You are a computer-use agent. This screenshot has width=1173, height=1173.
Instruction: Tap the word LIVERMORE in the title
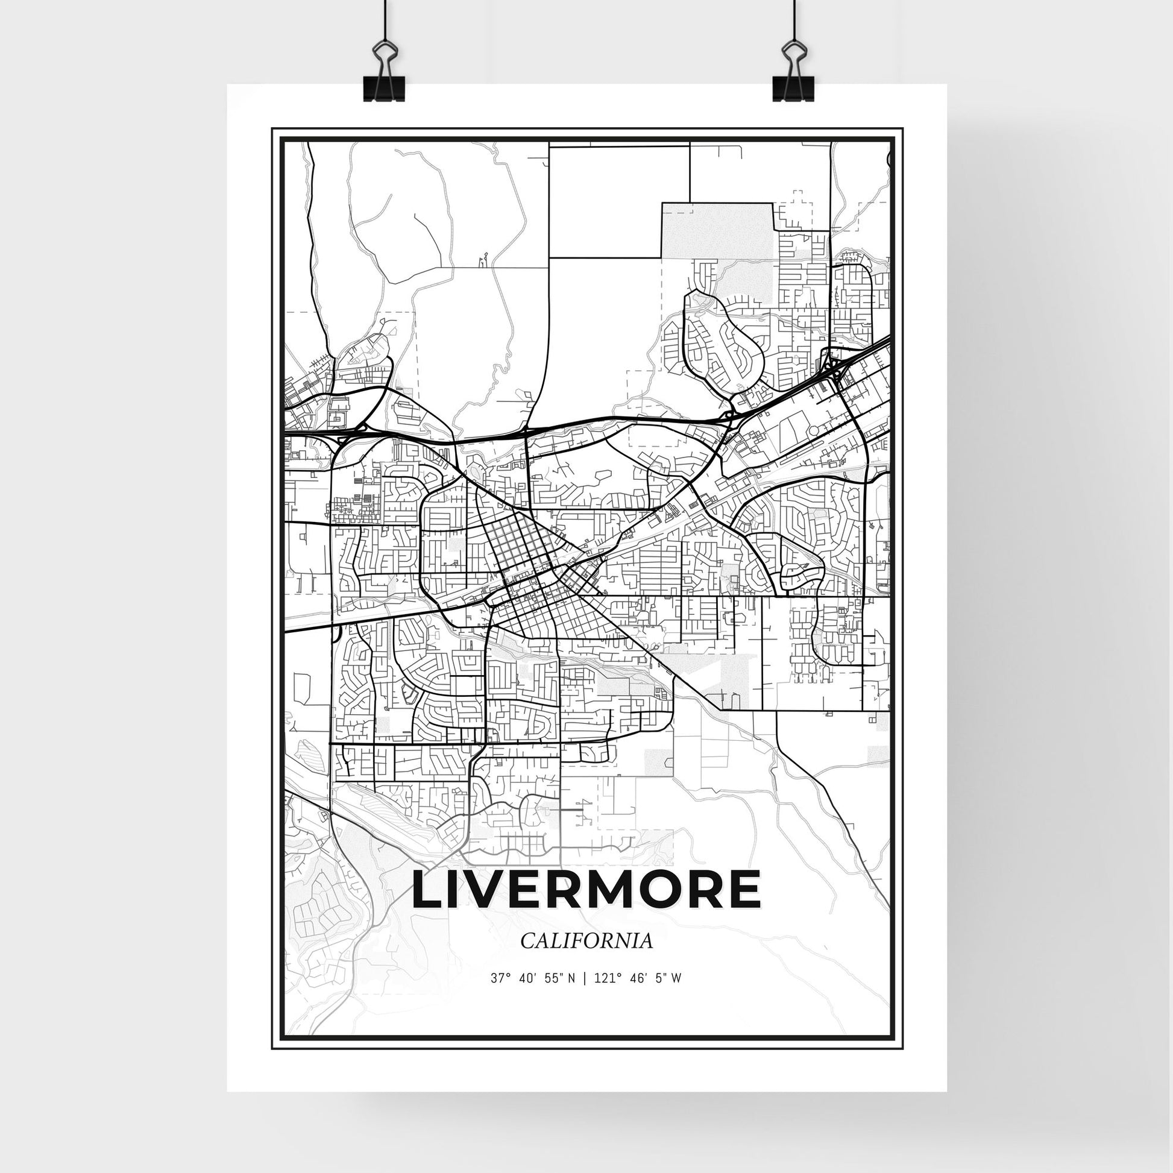(x=586, y=890)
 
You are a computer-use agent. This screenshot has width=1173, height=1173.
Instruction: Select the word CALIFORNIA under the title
(x=586, y=941)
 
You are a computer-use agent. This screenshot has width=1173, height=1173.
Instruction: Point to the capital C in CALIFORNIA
(x=526, y=941)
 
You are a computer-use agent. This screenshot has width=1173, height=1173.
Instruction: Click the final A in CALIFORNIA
(x=646, y=941)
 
